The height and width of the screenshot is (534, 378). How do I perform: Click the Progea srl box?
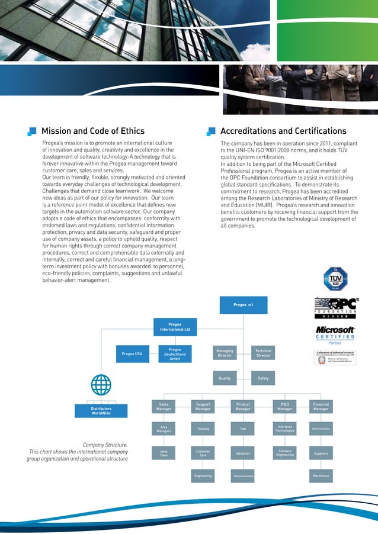point(243,304)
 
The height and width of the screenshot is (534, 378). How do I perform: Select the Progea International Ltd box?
point(175,326)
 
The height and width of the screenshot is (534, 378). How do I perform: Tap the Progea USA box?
point(132,354)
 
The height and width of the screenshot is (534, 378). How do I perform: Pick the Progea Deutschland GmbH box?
point(175,354)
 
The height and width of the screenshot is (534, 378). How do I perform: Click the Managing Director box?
point(225,353)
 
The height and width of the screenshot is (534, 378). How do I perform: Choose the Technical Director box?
point(263,353)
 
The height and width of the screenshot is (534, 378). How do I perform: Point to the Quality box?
point(225,378)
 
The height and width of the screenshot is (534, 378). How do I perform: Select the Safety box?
point(263,378)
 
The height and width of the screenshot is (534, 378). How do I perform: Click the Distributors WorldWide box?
point(101,411)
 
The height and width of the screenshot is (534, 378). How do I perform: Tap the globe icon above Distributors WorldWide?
point(101,385)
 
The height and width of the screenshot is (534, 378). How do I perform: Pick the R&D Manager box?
point(285,407)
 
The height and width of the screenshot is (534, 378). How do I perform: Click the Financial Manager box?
point(321,407)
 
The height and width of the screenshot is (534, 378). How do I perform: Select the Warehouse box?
point(321,475)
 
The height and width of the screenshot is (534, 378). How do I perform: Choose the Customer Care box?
point(203,453)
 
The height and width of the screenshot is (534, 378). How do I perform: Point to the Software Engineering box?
point(285,453)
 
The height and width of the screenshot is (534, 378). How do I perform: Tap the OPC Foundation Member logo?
point(335,308)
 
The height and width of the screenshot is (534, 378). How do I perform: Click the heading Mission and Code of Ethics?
point(92,131)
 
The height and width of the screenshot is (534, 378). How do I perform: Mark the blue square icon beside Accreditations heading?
point(210,131)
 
